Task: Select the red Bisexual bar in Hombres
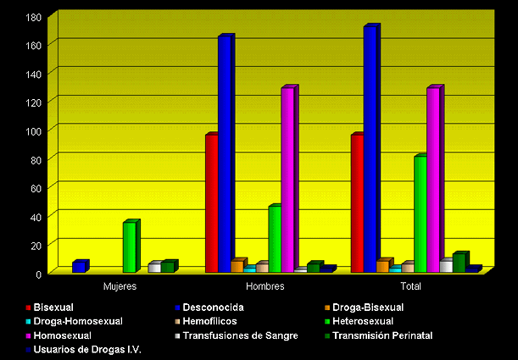coord(211,203)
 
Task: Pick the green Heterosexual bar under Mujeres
coord(129,247)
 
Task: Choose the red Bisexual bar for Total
coord(357,203)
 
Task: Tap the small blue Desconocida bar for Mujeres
coord(78,267)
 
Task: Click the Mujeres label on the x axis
coord(120,286)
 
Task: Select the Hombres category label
coord(265,286)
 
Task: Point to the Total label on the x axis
coord(410,286)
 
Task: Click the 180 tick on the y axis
coord(34,18)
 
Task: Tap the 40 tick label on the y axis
coord(34,216)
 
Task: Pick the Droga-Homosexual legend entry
coord(78,321)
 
